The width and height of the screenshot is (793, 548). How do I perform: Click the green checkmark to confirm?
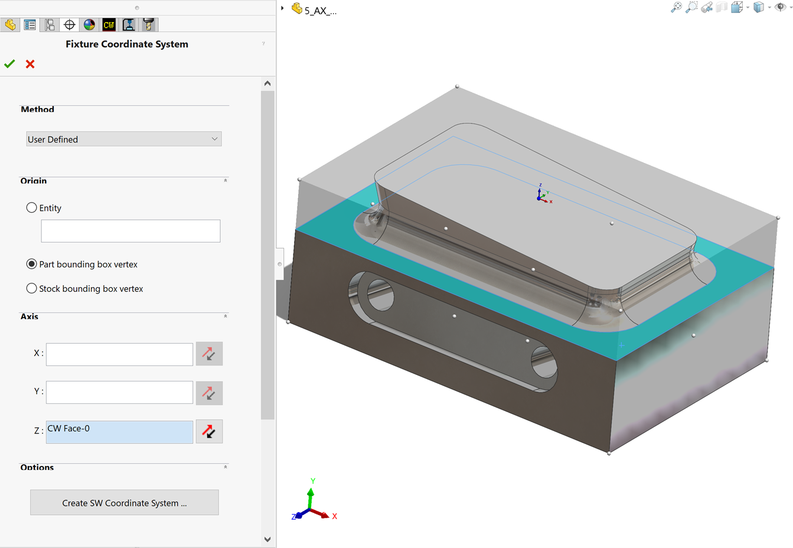pos(9,64)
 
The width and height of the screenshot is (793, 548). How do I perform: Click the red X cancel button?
pos(30,64)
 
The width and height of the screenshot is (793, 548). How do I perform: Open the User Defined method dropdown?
pos(124,139)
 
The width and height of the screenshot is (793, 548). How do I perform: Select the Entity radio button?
pos(32,208)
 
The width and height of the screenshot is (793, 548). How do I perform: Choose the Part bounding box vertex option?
pos(32,264)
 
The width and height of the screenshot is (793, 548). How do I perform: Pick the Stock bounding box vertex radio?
pos(32,289)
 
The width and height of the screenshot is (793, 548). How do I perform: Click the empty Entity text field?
pos(130,231)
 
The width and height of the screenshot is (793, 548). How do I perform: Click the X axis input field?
pos(119,354)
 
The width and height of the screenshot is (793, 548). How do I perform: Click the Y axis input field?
pos(119,392)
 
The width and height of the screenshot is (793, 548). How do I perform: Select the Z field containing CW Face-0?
pos(119,432)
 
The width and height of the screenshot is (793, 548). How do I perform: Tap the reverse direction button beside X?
pos(209,354)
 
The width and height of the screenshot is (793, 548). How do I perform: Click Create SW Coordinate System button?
pos(125,503)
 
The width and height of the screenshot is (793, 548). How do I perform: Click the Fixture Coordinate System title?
pos(127,44)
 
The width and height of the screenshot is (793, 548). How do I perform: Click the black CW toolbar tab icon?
pos(109,25)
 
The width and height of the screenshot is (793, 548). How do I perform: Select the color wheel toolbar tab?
pos(89,25)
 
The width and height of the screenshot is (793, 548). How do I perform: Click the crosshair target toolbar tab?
pos(70,25)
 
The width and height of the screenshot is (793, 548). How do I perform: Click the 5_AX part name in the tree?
pos(320,11)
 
